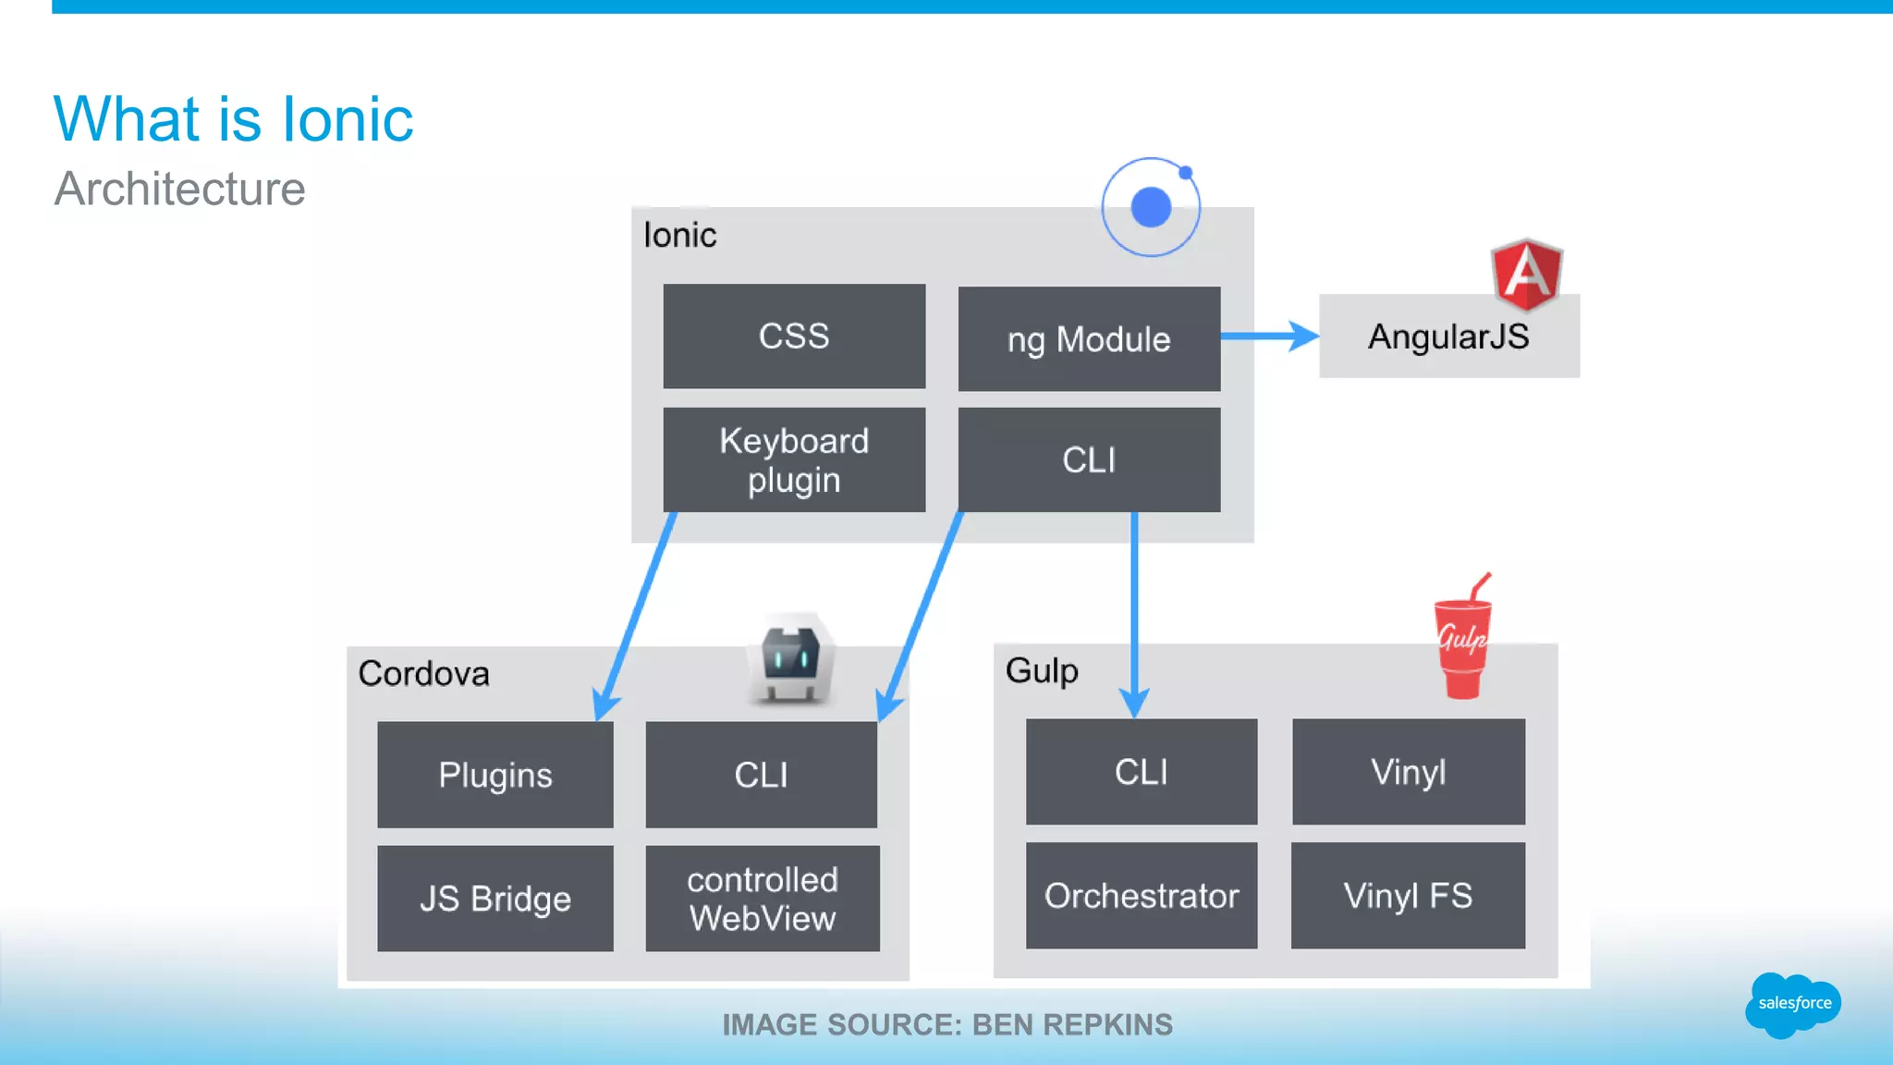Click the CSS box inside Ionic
coord(794,336)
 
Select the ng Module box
coord(1089,338)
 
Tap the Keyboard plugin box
coord(794,459)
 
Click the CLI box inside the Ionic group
coord(1089,459)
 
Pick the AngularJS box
coord(1448,337)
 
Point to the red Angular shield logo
coord(1526,275)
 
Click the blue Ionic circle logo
coord(1151,207)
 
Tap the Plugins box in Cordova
coord(495,775)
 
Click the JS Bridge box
coord(495,898)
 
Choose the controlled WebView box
coord(762,898)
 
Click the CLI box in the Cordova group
coord(761,775)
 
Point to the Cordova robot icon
coord(791,658)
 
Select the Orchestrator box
coord(1142,895)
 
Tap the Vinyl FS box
coord(1408,895)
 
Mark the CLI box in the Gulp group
coord(1142,771)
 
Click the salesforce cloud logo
coord(1792,1004)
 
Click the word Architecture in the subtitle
coord(179,190)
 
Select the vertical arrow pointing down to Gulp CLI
coord(1134,610)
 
